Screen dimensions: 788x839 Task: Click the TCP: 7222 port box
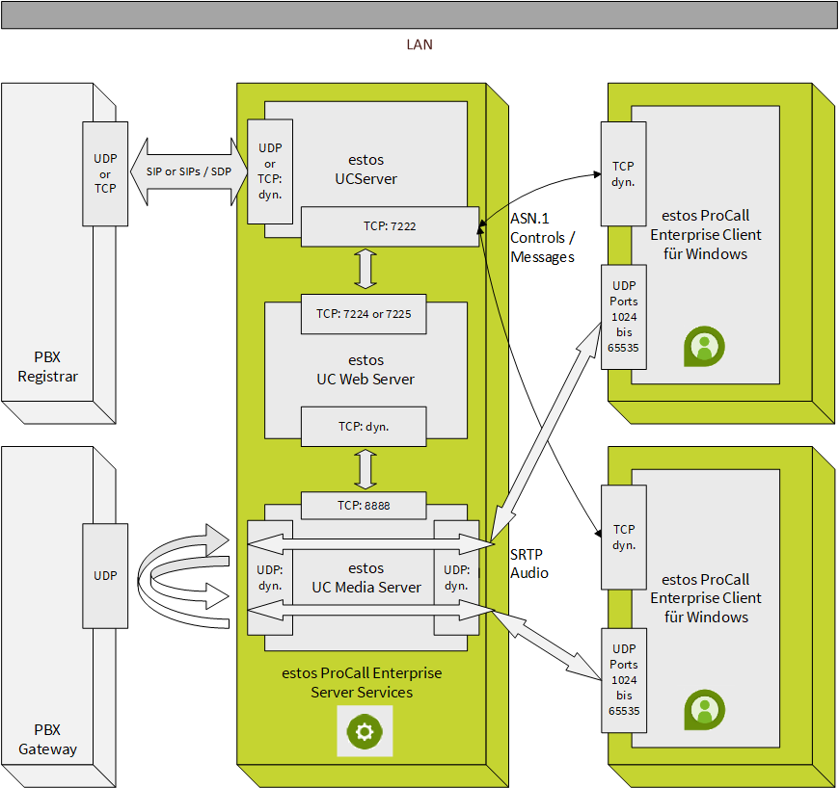pyautogui.click(x=390, y=226)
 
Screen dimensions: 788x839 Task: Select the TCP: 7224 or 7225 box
pyautogui.click(x=365, y=314)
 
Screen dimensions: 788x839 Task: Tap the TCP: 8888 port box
pyautogui.click(x=365, y=505)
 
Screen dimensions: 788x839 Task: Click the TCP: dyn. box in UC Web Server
pyautogui.click(x=365, y=426)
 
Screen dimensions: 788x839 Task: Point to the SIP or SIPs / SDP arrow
pyautogui.click(x=188, y=171)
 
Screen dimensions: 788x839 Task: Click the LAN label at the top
pyautogui.click(x=419, y=44)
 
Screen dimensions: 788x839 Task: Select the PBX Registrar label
pyautogui.click(x=47, y=367)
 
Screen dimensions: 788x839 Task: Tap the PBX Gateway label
pyautogui.click(x=47, y=740)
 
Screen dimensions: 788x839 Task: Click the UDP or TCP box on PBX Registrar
pyautogui.click(x=105, y=173)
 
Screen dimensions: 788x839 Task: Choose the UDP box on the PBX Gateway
pyautogui.click(x=105, y=575)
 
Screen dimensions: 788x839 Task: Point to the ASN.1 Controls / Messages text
pyautogui.click(x=542, y=238)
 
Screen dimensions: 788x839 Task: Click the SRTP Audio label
pyautogui.click(x=529, y=564)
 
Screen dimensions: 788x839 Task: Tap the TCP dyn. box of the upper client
pyautogui.click(x=623, y=173)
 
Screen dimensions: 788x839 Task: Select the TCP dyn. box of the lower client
pyautogui.click(x=623, y=537)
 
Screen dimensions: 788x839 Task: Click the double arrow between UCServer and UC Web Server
pyautogui.click(x=365, y=268)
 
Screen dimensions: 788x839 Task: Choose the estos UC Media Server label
pyautogui.click(x=365, y=578)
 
